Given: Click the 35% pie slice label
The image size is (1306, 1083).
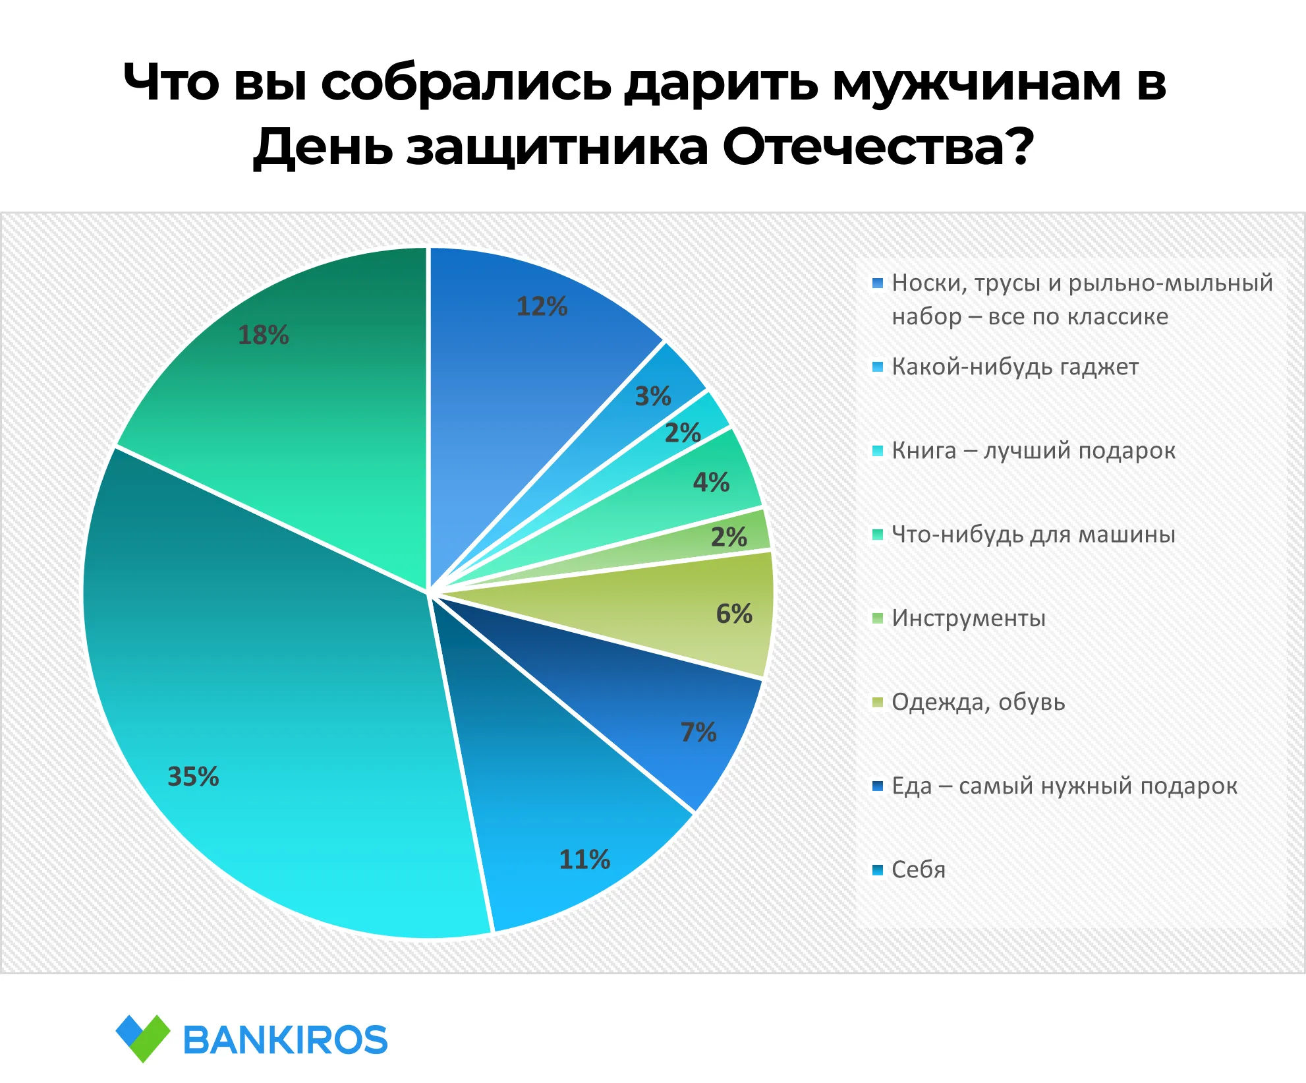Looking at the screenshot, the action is coord(193,776).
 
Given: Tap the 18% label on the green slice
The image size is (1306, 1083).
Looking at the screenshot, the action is coord(263,335).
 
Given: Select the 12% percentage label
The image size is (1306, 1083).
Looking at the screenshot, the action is coord(542,307).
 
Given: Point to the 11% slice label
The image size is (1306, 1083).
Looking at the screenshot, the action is coord(584,860).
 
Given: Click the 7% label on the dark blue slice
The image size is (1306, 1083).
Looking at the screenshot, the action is coord(698,732).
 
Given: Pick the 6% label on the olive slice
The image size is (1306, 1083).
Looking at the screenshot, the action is coord(734,614).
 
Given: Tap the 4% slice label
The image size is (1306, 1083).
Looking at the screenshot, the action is coord(711,482).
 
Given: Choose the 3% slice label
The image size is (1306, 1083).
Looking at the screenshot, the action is coord(653,396).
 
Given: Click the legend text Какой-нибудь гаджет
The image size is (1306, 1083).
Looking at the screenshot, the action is coord(1015,367).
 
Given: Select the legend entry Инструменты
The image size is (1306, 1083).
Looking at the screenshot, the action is coord(969,618).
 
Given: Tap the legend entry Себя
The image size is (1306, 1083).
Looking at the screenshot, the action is coord(919,869).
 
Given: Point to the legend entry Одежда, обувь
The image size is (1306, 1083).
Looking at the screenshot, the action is coord(979,702).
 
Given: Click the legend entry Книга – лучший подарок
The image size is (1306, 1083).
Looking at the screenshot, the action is coord(1033,450).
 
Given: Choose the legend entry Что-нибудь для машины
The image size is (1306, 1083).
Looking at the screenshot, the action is coord(1033,534).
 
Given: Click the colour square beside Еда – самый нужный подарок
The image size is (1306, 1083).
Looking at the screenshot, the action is coord(877,786).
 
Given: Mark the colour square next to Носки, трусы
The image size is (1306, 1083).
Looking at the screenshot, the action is coord(877,283).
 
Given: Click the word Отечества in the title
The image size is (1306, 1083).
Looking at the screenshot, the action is coord(878,146).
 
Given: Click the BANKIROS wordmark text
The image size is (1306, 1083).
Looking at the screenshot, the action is coord(285,1040).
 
